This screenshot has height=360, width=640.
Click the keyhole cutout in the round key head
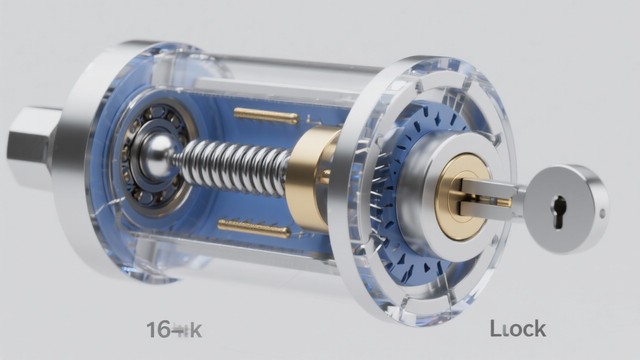coord(559,209)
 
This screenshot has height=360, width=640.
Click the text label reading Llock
coord(517,329)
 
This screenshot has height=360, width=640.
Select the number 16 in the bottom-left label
coord(158,329)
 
